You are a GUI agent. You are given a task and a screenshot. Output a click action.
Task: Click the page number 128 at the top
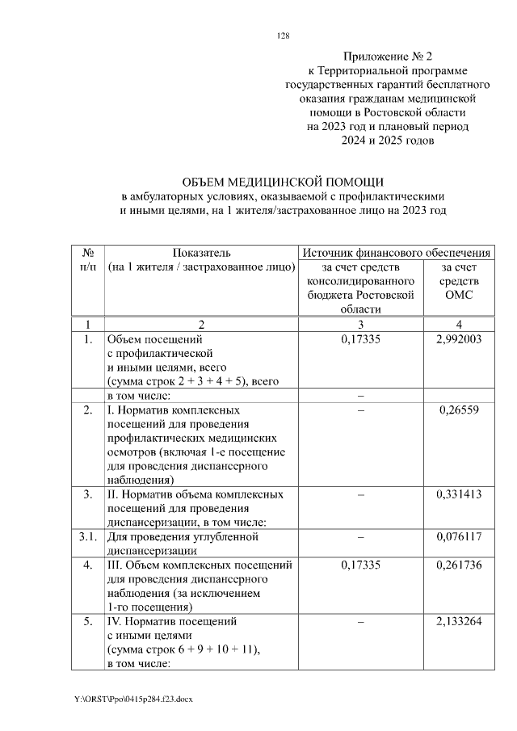tap(283, 35)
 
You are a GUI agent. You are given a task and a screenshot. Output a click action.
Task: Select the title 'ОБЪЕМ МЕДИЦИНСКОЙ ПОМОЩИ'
tap(283, 182)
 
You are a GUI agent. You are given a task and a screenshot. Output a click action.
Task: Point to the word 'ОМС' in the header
tap(458, 295)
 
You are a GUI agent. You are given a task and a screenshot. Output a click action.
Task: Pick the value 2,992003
tap(458, 339)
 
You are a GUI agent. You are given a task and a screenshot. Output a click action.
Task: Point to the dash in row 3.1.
tap(361, 536)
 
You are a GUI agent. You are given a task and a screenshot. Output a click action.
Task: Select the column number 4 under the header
tap(458, 324)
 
